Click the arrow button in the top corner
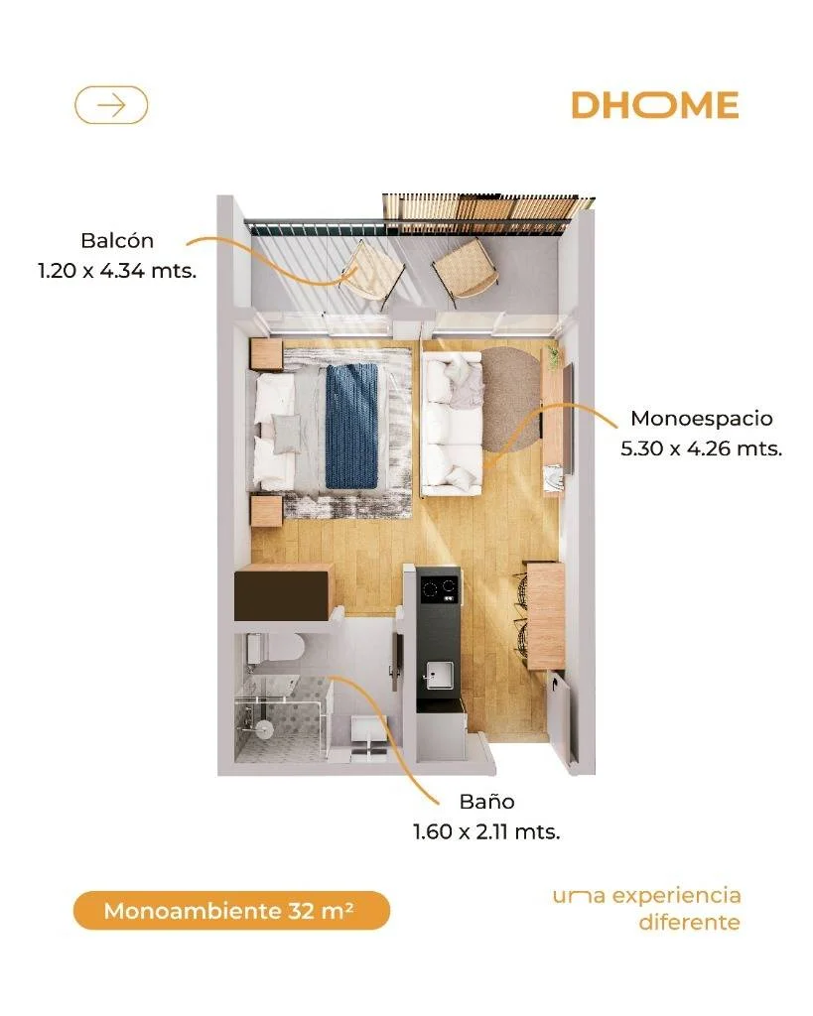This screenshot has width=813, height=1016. click(x=111, y=105)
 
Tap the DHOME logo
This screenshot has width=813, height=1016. click(x=655, y=105)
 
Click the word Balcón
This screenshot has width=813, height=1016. click(x=117, y=240)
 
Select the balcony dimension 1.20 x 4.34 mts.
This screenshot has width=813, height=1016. click(x=117, y=270)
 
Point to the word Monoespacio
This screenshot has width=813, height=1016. click(x=702, y=419)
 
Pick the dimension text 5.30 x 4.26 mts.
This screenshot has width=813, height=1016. click(x=702, y=448)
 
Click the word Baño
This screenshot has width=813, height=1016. click(x=486, y=802)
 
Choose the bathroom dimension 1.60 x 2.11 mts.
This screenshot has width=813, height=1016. click(x=486, y=831)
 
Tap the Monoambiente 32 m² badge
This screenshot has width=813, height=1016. click(x=231, y=911)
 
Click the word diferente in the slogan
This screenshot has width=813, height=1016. click(x=689, y=922)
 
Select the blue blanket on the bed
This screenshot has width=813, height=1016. click(x=351, y=427)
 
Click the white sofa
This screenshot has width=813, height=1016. click(x=452, y=424)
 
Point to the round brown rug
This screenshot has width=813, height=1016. click(x=512, y=400)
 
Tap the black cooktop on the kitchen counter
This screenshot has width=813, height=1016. click(x=439, y=588)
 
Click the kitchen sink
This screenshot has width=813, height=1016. click(x=440, y=675)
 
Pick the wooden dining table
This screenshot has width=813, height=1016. click(x=546, y=615)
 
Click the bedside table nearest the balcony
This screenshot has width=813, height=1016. click(x=266, y=354)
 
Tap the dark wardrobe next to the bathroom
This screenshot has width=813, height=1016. click(x=285, y=592)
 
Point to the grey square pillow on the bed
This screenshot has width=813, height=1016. click(x=287, y=433)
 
